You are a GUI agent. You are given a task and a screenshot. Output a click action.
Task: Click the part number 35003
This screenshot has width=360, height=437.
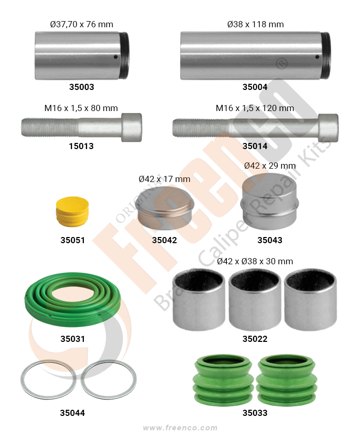81,87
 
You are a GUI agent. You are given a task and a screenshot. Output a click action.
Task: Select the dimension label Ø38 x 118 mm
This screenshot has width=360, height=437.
256,25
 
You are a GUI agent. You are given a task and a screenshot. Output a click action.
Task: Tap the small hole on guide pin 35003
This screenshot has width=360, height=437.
115,57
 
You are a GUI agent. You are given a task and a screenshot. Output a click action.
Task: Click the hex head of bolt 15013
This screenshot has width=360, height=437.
132,128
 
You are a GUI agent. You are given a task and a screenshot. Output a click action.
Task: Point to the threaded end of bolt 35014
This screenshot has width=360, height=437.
201,128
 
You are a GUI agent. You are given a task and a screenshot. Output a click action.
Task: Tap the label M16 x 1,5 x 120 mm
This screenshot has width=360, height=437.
255,108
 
